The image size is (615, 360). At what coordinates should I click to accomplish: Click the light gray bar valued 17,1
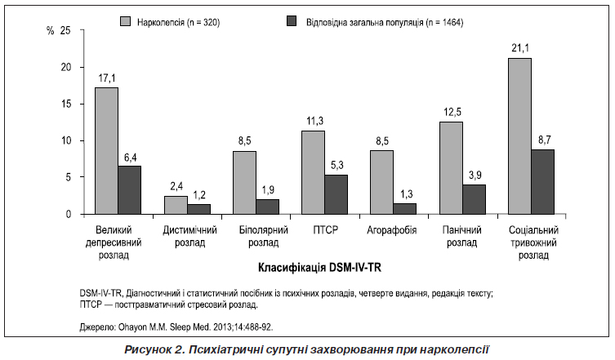pos(106,151)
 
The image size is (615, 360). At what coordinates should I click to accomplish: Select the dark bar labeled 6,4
pos(129,190)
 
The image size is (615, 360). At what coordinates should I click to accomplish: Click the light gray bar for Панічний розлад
pos(451,168)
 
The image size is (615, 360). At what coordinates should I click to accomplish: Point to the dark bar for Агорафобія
pos(381,209)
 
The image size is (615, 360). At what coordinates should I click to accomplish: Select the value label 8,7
pos(542,140)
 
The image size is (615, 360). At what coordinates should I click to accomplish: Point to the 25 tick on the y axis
pos(66,30)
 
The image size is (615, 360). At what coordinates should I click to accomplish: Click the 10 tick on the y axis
pos(66,140)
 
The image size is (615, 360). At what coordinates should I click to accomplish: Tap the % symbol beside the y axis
pos(51,30)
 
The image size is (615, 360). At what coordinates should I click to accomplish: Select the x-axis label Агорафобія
pos(382,231)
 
